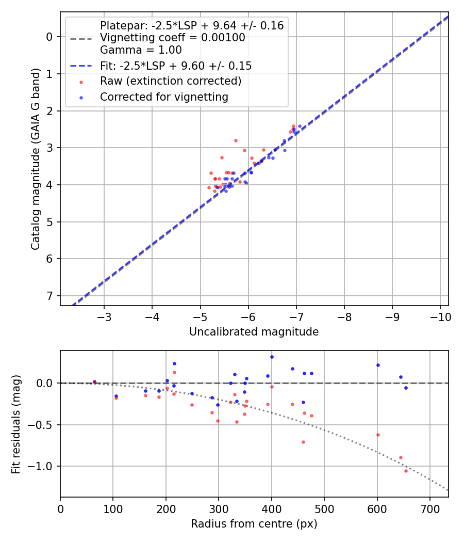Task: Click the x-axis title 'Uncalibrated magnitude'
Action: click(x=254, y=332)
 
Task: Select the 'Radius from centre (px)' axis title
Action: click(x=254, y=524)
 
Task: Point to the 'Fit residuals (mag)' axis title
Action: click(x=16, y=424)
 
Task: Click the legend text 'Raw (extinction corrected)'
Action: click(x=171, y=81)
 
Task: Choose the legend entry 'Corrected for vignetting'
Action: click(x=164, y=97)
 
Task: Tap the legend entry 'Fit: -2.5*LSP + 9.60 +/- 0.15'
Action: click(x=176, y=66)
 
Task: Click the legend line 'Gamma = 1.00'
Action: click(x=141, y=51)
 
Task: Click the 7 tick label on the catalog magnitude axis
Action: click(x=50, y=296)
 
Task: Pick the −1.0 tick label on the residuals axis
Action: click(x=42, y=467)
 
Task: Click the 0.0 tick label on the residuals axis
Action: click(x=45, y=383)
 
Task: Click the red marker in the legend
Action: click(x=81, y=82)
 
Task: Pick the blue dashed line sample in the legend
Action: click(x=81, y=66)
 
